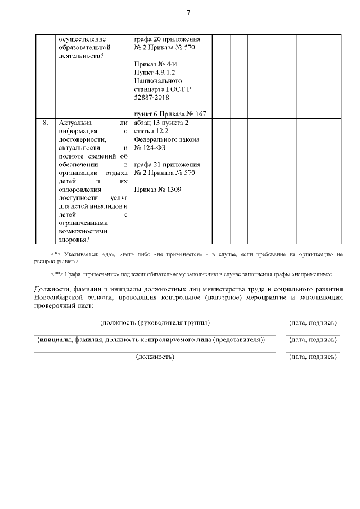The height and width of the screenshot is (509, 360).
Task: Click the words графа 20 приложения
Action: click(x=167, y=39)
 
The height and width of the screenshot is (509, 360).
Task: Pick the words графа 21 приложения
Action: click(x=167, y=164)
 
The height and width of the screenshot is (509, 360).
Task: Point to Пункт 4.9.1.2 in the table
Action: click(x=156, y=73)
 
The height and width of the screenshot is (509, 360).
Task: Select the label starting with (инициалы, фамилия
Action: click(x=151, y=340)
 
